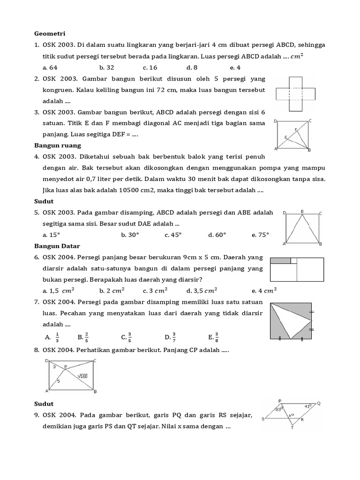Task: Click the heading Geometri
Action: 49,34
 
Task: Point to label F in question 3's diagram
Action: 295,129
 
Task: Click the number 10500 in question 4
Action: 132,190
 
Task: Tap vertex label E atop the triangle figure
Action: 302,211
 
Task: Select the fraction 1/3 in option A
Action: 57,337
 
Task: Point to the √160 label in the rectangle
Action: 82,375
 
